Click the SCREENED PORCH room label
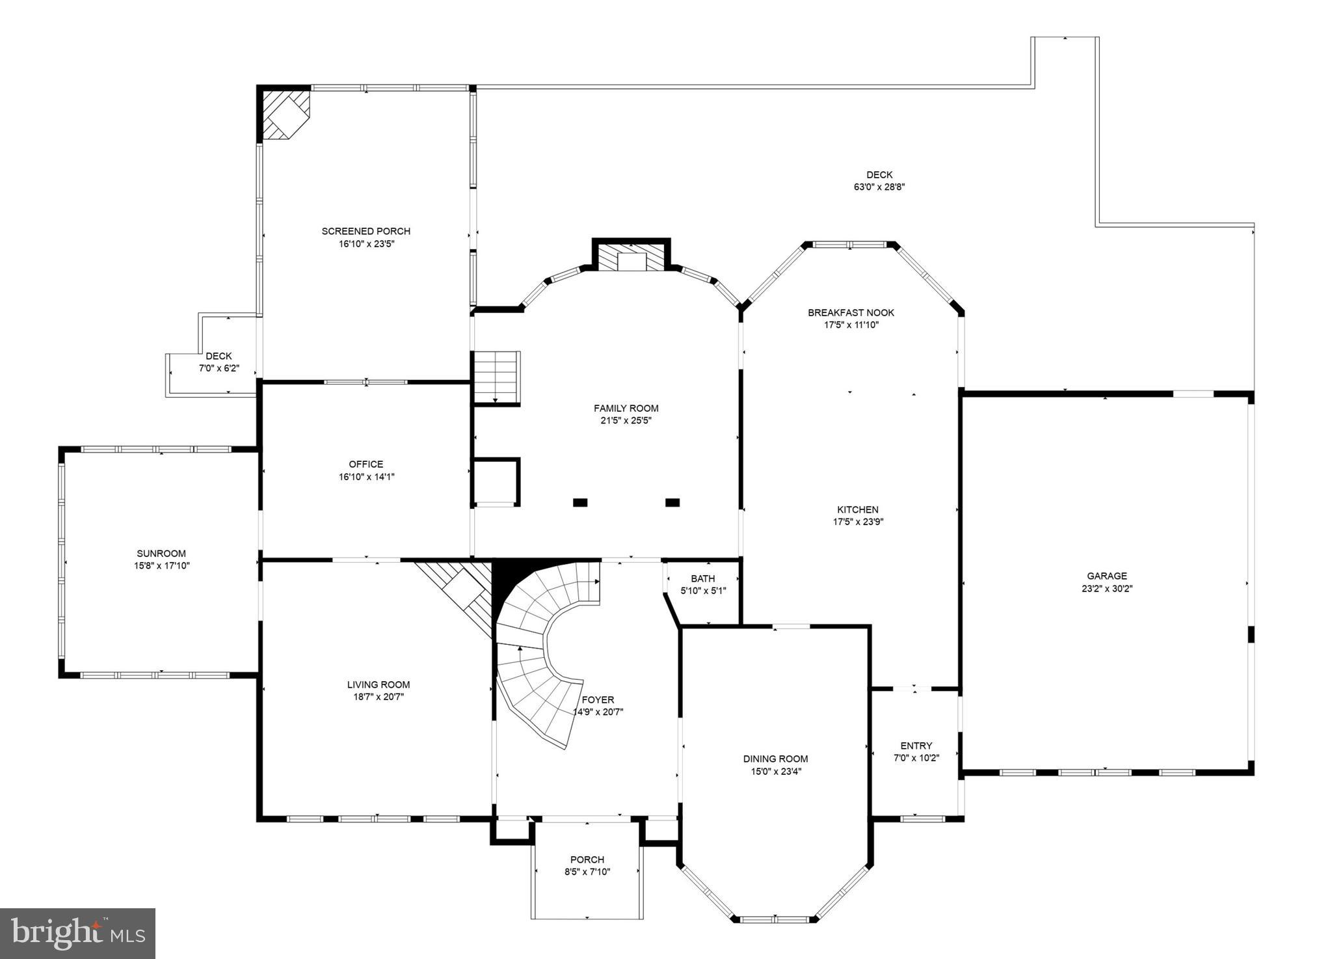pos(366,231)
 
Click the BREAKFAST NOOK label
pos(851,312)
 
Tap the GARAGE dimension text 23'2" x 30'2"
pos(1106,589)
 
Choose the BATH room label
pos(702,578)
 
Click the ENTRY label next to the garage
pos(916,746)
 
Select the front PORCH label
pos(587,859)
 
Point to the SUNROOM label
pos(161,554)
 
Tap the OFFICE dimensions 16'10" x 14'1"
pos(366,477)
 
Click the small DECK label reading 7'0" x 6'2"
pos(219,368)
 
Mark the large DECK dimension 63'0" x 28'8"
pos(879,187)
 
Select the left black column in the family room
pos(580,502)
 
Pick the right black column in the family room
pos(673,502)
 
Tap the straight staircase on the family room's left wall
pos(496,377)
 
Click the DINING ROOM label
pos(775,759)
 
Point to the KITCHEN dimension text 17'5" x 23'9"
pos(857,522)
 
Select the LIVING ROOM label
pos(378,684)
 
